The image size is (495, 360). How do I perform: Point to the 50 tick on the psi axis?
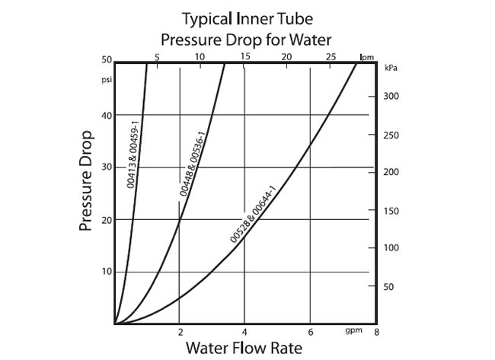pyautogui.click(x=106, y=60)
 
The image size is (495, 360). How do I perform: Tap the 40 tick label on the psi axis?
pyautogui.click(x=106, y=115)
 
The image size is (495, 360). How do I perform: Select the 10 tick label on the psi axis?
pyautogui.click(x=106, y=272)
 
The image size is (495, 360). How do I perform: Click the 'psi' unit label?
pyautogui.click(x=106, y=78)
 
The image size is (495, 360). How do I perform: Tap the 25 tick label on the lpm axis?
pyautogui.click(x=331, y=57)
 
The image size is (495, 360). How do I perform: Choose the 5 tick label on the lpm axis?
pyautogui.click(x=156, y=57)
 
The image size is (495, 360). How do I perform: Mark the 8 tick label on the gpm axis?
pyautogui.click(x=376, y=333)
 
